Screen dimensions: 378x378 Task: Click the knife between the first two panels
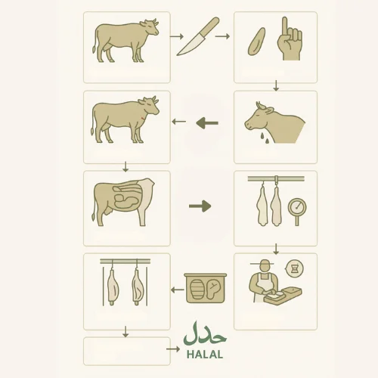click(x=198, y=36)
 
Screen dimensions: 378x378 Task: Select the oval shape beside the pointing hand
click(x=256, y=42)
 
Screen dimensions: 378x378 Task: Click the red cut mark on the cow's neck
click(x=143, y=118)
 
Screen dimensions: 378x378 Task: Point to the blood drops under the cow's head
click(x=265, y=138)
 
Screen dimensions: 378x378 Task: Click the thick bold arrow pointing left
click(x=207, y=123)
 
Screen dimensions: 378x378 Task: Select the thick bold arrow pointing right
click(x=200, y=206)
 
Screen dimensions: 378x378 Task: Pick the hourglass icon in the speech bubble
click(x=294, y=269)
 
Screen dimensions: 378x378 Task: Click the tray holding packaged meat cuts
click(x=206, y=288)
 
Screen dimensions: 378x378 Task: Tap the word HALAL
click(x=205, y=355)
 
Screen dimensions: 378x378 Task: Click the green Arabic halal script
click(x=205, y=334)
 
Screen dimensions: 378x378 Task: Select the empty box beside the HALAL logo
click(x=127, y=351)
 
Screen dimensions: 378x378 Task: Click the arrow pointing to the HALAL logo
click(x=173, y=349)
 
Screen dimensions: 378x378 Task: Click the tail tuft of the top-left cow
click(x=94, y=48)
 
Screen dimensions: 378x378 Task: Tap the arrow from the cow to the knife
click(x=177, y=36)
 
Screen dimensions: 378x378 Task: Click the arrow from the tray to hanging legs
click(x=178, y=290)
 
